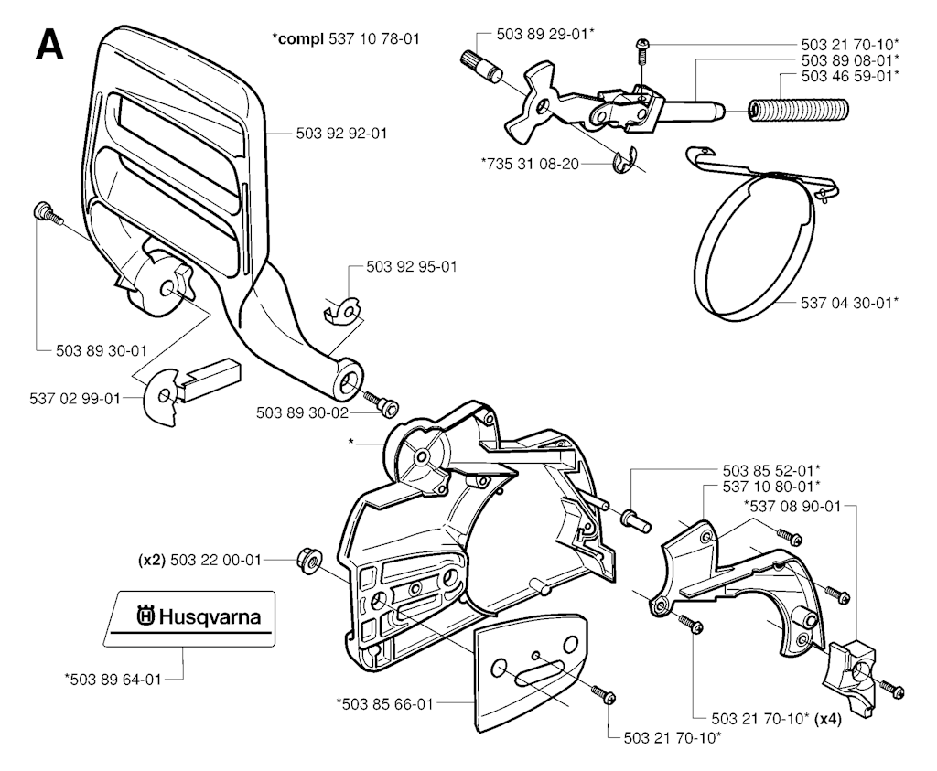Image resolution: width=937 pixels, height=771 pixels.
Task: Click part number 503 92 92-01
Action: click(341, 134)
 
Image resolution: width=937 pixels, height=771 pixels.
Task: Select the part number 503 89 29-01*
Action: click(545, 34)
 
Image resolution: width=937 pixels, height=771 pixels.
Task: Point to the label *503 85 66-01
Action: click(384, 703)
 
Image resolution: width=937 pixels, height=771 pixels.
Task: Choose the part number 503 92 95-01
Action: click(411, 267)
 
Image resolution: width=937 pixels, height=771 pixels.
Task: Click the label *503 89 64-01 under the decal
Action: click(113, 679)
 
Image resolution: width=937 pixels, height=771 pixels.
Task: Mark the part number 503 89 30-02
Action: click(301, 413)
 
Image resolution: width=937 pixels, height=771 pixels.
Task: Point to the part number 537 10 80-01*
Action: click(770, 485)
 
